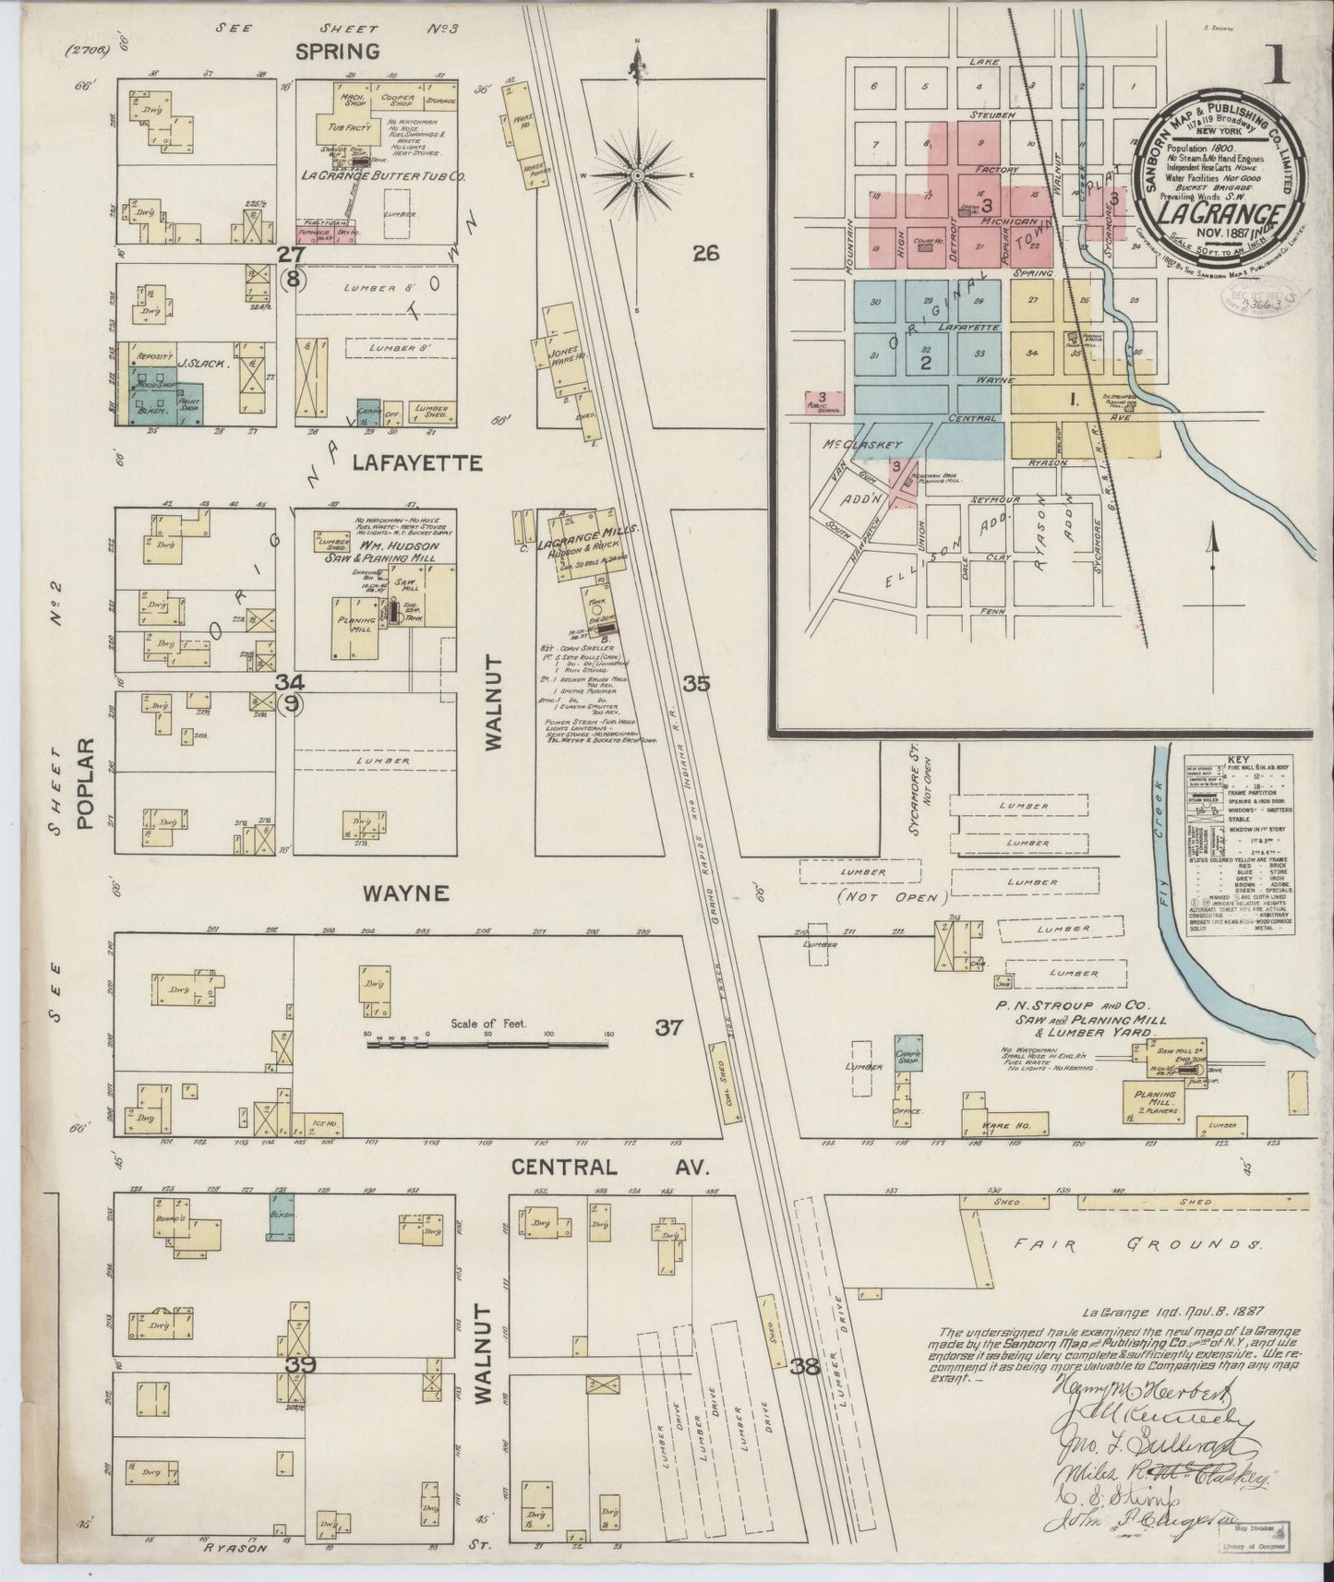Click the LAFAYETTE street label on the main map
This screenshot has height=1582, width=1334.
coord(417,462)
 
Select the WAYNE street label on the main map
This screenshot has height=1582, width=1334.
coord(405,893)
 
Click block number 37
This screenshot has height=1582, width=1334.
coord(668,1026)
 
